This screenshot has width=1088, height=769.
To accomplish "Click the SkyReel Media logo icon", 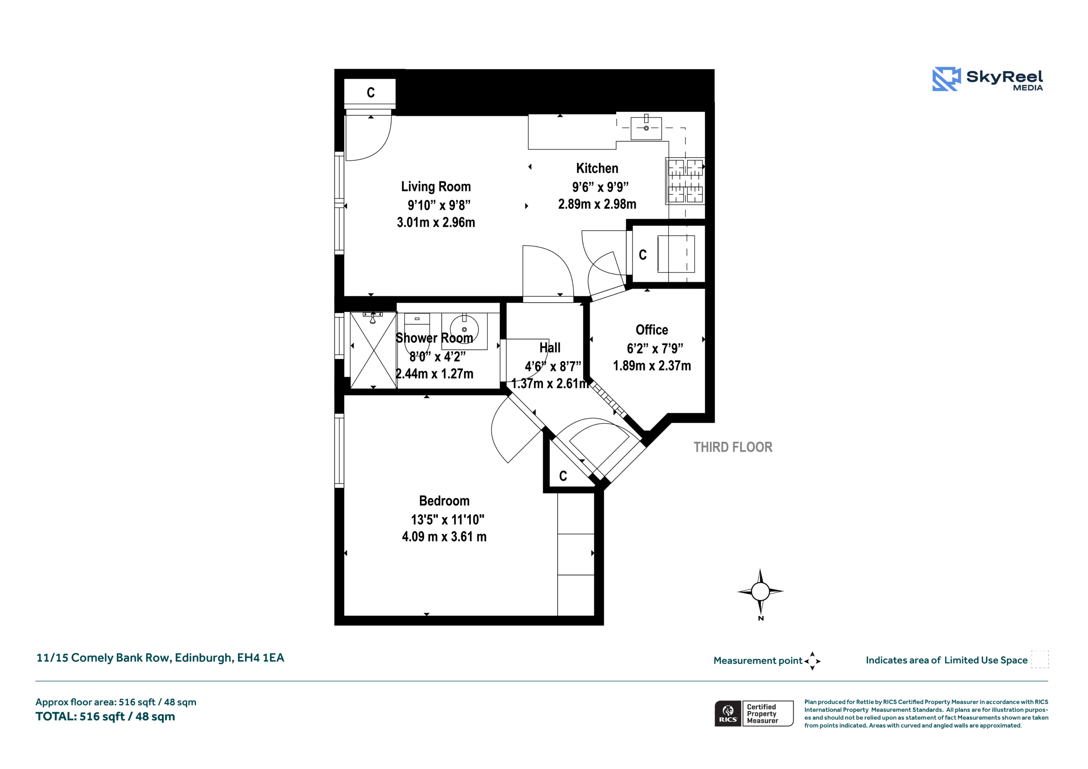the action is click(x=946, y=79).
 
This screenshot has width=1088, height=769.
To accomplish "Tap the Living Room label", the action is click(x=436, y=187).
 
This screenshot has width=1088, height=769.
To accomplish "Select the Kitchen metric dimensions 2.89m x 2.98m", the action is click(x=597, y=204).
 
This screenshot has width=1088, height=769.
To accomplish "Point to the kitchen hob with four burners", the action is click(x=685, y=181).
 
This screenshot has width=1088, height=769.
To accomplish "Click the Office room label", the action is click(x=652, y=330).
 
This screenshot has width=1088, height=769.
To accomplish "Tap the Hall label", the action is click(x=550, y=348).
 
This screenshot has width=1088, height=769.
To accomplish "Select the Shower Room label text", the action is click(x=434, y=338).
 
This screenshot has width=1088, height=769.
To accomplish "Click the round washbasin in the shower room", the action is click(x=464, y=329).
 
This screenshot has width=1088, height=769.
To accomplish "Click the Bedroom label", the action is click(x=444, y=501).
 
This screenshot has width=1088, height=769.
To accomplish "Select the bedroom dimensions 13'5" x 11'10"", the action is click(x=448, y=520).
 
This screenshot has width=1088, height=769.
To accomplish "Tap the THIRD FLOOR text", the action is click(x=733, y=447).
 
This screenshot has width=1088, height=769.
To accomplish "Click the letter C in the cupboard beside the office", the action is click(x=643, y=255).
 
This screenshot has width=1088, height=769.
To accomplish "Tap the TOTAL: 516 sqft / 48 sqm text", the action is click(x=105, y=716).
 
